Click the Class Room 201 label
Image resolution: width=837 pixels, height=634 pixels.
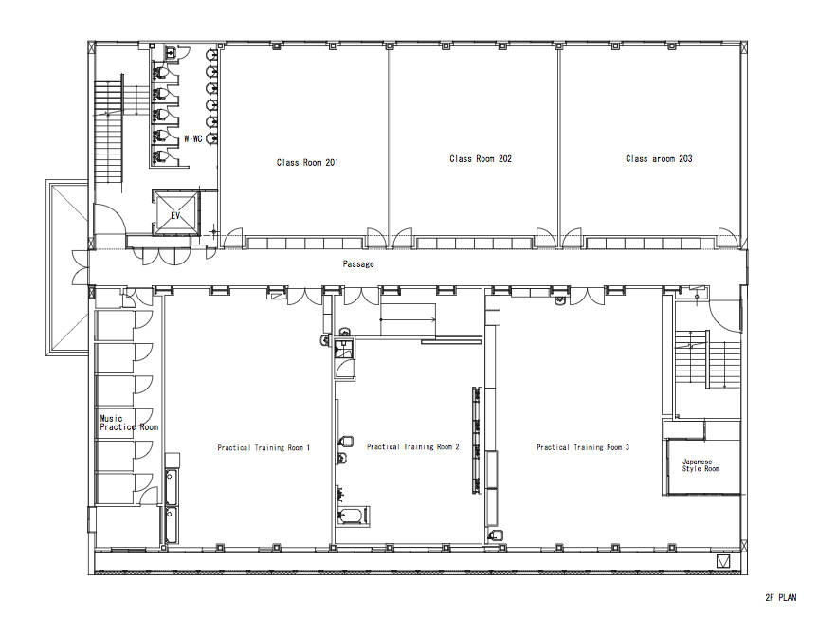pos(307,162)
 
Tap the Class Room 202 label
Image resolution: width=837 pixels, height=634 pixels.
pos(481,158)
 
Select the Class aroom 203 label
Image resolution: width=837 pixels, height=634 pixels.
pos(659,158)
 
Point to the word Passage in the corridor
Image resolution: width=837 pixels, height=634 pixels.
pos(358,263)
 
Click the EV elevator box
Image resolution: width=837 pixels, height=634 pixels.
pos(175,211)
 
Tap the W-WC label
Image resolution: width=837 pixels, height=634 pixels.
pos(193,138)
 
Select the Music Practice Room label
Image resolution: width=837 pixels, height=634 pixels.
pos(129,423)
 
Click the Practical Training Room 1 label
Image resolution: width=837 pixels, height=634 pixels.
pos(264,447)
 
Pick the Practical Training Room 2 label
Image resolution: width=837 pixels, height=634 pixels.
pos(413,446)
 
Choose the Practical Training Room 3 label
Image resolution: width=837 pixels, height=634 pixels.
pos(583,447)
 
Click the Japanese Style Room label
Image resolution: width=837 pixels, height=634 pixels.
pos(701,464)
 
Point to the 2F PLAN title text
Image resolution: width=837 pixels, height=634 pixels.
pos(780,597)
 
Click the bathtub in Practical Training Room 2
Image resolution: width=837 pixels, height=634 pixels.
pos(353,516)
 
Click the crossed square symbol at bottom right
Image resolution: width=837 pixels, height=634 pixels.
pos(723,561)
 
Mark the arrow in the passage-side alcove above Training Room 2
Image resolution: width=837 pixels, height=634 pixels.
pos(408,319)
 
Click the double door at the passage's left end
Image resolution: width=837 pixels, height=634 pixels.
pos(80,267)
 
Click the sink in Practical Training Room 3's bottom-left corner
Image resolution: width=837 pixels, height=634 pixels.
pos(496,534)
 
